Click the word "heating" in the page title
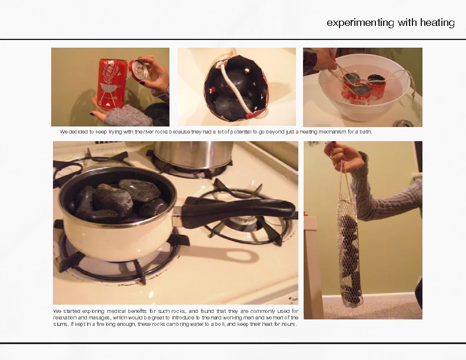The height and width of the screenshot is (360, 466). click(437, 22)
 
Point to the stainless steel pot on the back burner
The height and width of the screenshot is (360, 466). click(193, 154)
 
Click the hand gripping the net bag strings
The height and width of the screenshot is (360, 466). click(344, 156)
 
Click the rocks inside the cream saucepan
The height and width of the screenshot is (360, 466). click(119, 201)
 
